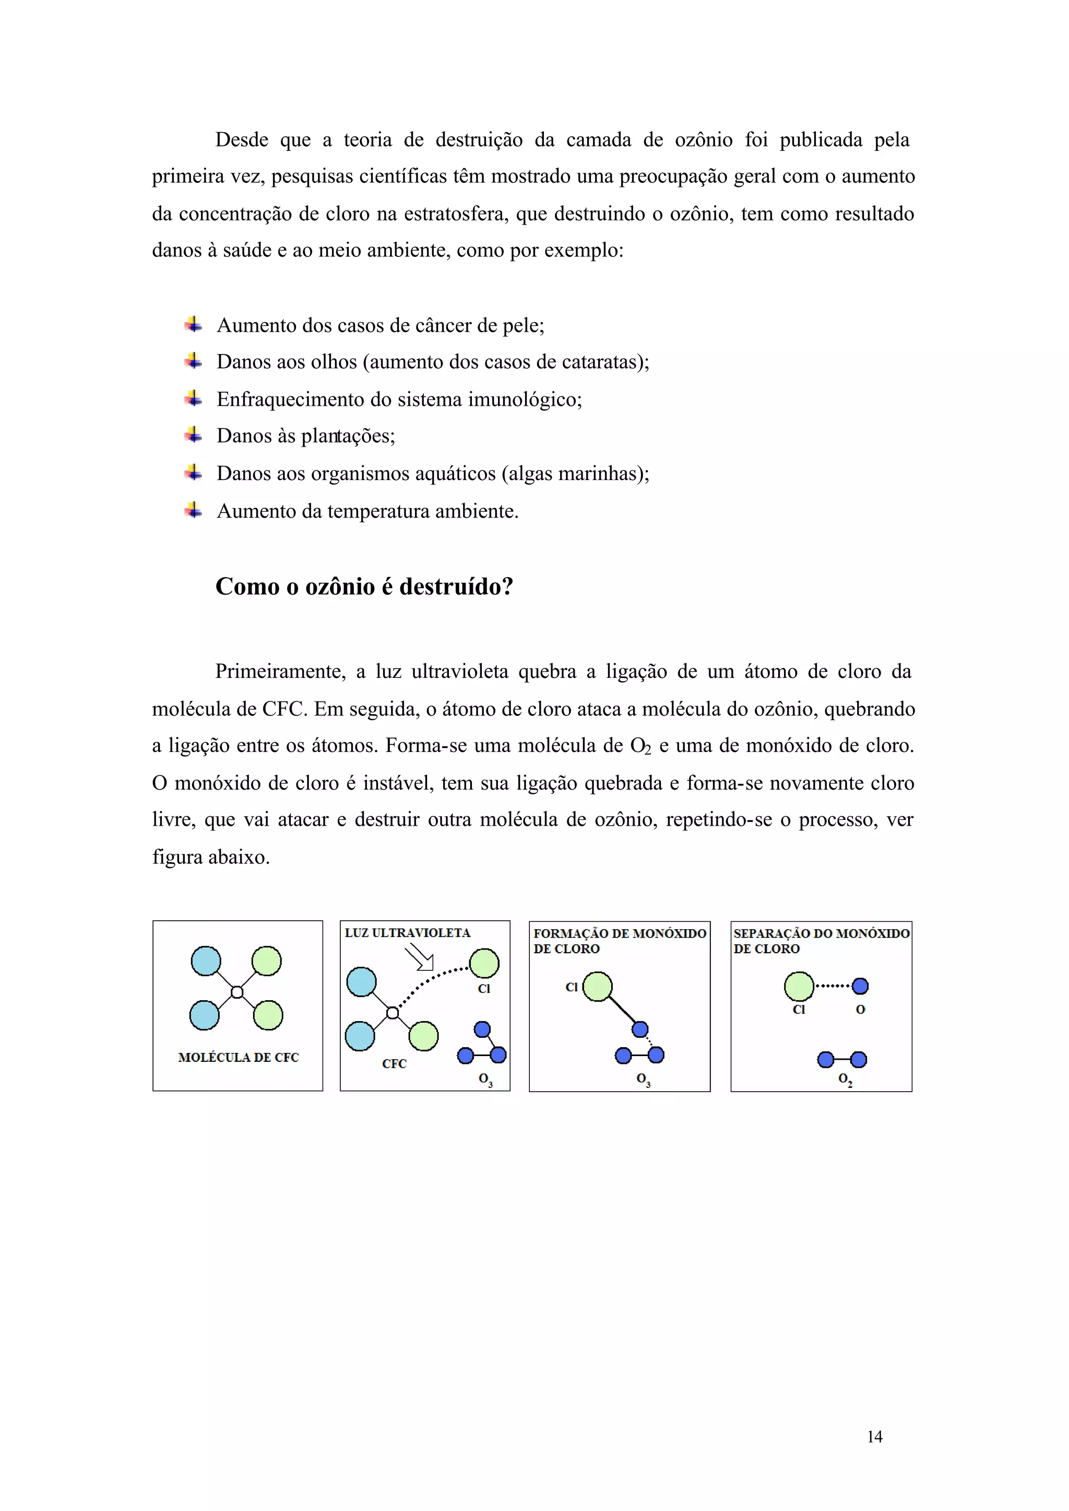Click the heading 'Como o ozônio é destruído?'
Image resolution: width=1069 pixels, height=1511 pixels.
pos(364,586)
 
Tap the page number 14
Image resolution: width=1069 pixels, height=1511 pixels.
pos(874,1436)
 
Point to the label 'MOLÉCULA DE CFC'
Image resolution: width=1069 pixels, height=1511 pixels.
pos(239,1057)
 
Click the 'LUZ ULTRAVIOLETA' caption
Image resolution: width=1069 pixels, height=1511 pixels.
pos(408,933)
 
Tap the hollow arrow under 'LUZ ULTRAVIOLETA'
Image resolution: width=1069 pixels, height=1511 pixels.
pos(419,957)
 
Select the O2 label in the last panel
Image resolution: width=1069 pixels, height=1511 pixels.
pos(845,1080)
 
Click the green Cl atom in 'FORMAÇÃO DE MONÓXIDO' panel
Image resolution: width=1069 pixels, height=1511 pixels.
pos(597,987)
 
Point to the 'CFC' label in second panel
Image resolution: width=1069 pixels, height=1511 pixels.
pos(394,1064)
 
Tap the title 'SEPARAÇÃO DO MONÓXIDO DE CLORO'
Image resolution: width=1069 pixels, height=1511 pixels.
pos(821,941)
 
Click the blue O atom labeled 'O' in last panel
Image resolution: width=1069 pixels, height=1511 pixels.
pos(860,986)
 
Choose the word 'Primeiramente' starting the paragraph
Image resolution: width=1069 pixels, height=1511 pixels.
pos(280,671)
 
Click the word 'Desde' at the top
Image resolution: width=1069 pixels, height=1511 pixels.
pos(242,139)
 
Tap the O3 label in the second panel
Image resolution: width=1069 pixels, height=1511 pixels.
pos(485,1080)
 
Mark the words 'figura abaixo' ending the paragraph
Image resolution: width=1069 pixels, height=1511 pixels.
pos(211,857)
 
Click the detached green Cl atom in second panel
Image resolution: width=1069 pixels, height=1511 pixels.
pos(484,963)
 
